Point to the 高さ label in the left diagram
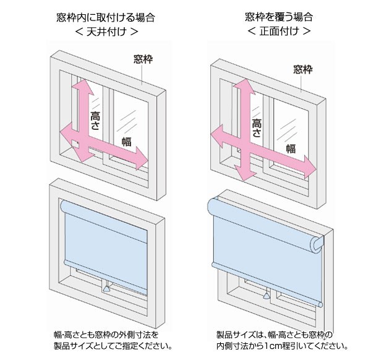pyautogui.click(x=95, y=119)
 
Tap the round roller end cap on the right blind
pyautogui.click(x=317, y=244)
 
